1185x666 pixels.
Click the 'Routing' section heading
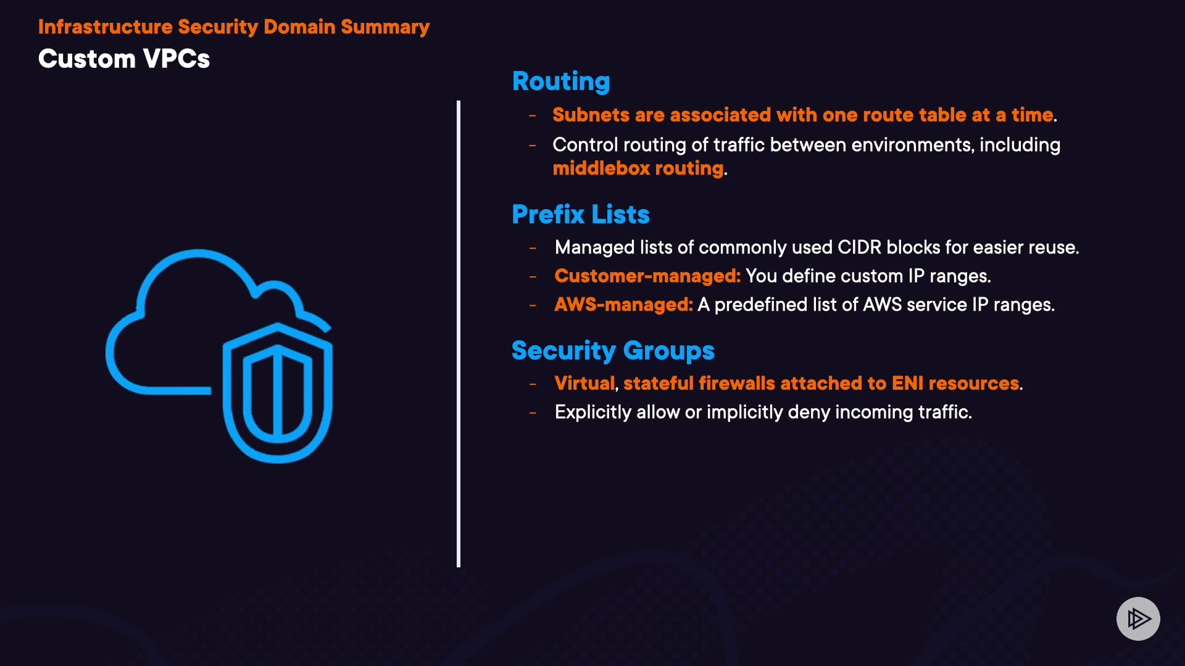[561, 81]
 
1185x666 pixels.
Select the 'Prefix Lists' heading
[580, 215]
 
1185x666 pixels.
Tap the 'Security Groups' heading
[612, 351]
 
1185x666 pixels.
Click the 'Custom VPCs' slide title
[124, 59]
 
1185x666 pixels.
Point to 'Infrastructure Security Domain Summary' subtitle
[233, 27]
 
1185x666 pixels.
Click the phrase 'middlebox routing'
[638, 168]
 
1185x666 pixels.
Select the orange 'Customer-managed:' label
[647, 276]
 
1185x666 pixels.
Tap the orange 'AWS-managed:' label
[623, 305]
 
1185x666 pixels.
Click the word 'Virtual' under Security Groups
[584, 384]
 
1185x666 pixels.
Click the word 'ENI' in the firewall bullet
[907, 384]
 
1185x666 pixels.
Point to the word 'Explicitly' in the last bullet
[592, 412]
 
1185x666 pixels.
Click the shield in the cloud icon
[278, 395]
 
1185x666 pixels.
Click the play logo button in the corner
[1138, 619]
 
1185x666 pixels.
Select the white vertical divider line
[459, 333]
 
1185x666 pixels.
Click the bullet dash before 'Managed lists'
[533, 248]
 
